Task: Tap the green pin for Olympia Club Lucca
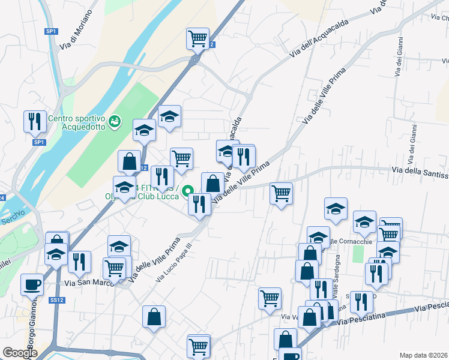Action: pos(188,192)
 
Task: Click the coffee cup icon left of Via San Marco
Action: pos(32,284)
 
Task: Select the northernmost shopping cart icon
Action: pos(197,38)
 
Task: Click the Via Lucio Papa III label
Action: pos(174,263)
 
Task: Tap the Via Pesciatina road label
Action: pos(390,314)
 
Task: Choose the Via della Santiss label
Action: pos(420,173)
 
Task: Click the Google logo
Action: pos(19,353)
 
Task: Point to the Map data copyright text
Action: pos(424,355)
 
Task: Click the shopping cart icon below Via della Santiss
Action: pos(281,193)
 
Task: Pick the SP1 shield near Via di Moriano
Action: pos(51,31)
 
